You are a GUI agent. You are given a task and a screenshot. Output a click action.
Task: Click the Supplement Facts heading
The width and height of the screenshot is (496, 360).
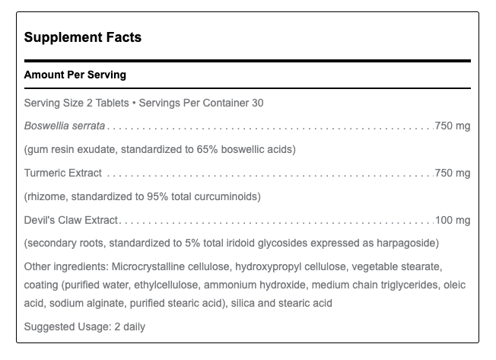click(83, 37)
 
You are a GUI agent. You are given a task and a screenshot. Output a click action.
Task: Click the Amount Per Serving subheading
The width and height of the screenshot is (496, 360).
click(75, 75)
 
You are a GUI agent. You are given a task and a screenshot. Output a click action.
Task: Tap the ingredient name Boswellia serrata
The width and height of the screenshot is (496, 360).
click(65, 126)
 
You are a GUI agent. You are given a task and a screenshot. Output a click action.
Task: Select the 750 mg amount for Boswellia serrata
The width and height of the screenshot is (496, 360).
click(453, 126)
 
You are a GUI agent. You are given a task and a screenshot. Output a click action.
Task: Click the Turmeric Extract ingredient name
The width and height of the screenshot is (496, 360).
click(63, 173)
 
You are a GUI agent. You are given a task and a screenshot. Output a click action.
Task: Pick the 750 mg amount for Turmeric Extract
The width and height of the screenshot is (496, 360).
click(453, 173)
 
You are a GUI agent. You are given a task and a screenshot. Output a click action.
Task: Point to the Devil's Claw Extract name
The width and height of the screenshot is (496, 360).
click(72, 220)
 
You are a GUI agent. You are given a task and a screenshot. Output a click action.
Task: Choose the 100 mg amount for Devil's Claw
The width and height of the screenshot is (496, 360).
click(453, 220)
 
